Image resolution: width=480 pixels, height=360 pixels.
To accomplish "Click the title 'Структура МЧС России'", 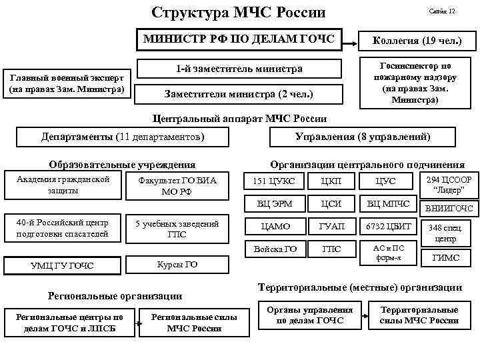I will click(238, 13).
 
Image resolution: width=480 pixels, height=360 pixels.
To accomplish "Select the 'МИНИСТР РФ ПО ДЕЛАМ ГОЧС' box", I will click(239, 38).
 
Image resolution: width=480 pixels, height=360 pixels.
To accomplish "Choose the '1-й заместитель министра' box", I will click(239, 69).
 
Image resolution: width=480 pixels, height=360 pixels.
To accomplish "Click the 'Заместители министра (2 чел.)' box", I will click(239, 93).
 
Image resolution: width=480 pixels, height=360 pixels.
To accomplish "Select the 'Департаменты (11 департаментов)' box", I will click(123, 137).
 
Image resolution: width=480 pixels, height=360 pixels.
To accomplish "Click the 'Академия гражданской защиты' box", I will click(61, 185).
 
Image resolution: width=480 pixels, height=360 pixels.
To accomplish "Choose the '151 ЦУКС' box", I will click(275, 181).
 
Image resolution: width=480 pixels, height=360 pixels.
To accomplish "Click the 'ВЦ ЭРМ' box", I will click(275, 204).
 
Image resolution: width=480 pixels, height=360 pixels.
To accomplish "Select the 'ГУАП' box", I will click(331, 227).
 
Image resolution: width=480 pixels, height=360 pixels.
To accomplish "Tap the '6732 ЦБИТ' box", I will click(388, 227).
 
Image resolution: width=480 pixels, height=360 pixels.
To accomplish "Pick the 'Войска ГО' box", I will click(275, 249).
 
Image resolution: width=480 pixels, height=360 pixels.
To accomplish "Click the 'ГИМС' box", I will click(445, 258).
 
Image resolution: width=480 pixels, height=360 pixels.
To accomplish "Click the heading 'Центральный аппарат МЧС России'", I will click(239, 119).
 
